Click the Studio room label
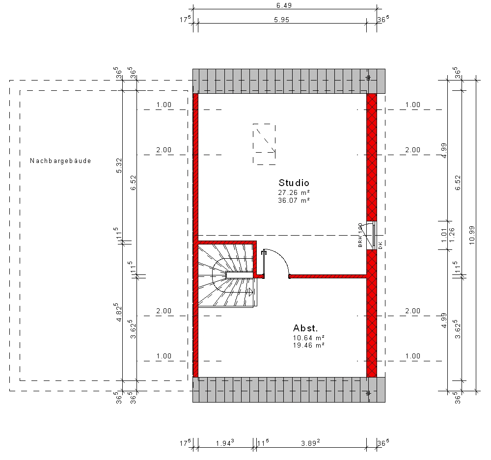click(x=294, y=183)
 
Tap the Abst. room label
click(x=305, y=328)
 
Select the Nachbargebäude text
click(x=60, y=161)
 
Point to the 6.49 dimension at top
click(x=284, y=5)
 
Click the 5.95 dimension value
click(x=281, y=20)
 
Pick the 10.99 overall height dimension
click(x=472, y=235)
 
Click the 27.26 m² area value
click(x=294, y=192)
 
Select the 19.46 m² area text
click(x=308, y=346)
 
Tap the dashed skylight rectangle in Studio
click(x=264, y=144)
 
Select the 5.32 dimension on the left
click(x=119, y=165)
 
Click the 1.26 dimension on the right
click(x=451, y=235)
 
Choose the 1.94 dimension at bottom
click(x=225, y=443)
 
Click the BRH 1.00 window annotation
click(x=360, y=235)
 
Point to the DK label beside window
click(x=381, y=245)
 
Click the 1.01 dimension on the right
click(x=444, y=235)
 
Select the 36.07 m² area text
click(x=294, y=200)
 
